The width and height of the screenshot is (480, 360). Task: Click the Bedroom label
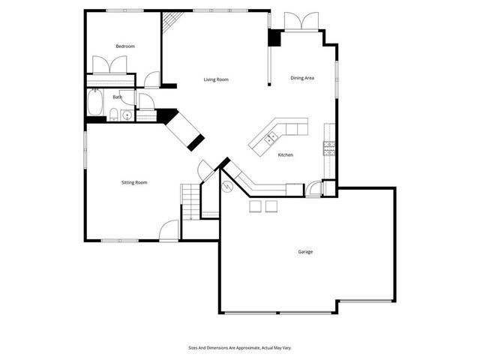pyautogui.click(x=124, y=46)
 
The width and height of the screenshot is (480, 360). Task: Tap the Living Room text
pyautogui.click(x=216, y=79)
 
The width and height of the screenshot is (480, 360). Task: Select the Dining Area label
pyautogui.click(x=302, y=78)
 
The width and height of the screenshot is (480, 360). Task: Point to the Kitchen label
pyautogui.click(x=285, y=155)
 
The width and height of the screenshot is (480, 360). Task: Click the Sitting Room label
pyautogui.click(x=134, y=182)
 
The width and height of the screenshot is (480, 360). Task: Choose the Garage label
pyautogui.click(x=305, y=252)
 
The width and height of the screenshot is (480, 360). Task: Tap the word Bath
pyautogui.click(x=118, y=97)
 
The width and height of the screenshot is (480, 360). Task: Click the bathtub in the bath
pyautogui.click(x=96, y=103)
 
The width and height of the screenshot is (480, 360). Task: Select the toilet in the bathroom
pyautogui.click(x=112, y=115)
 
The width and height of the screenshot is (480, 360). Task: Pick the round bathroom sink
pyautogui.click(x=127, y=115)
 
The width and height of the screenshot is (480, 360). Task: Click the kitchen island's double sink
pyautogui.click(x=271, y=137)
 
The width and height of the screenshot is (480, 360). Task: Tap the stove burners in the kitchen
pyautogui.click(x=328, y=148)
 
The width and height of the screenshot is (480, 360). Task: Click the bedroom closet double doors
pyautogui.click(x=110, y=66)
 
